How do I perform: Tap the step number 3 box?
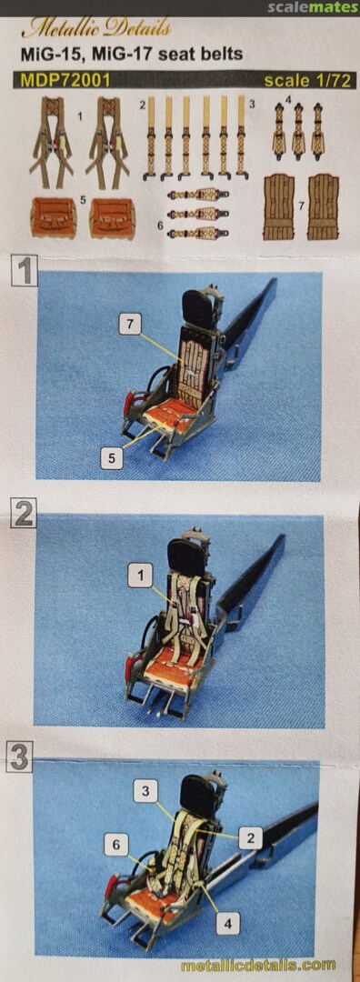[20, 756]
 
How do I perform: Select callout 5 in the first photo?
[112, 458]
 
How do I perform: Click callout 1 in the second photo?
[139, 575]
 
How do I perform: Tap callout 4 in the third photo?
[228, 923]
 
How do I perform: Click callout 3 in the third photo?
[145, 792]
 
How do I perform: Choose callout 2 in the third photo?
[250, 838]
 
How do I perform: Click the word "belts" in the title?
[223, 54]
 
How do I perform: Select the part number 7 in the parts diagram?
[301, 205]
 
